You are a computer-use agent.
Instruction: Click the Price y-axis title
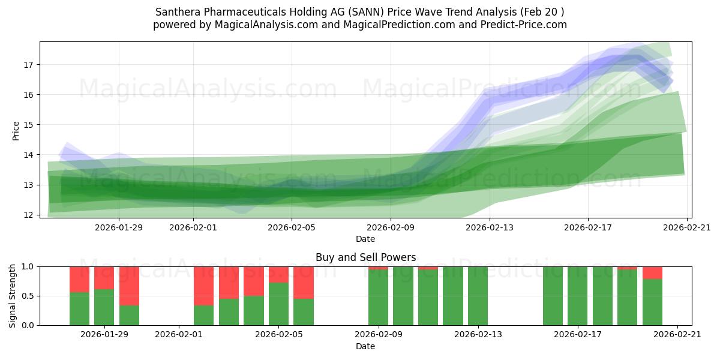tap(16, 130)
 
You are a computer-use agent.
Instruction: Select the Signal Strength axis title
tap(13, 296)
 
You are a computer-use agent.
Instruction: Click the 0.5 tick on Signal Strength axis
tap(28, 296)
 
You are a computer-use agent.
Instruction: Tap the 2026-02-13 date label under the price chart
tap(490, 227)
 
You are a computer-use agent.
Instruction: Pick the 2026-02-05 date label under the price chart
tap(292, 227)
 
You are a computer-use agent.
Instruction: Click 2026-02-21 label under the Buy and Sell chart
tap(677, 335)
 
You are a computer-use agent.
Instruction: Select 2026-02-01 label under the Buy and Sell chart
tap(179, 335)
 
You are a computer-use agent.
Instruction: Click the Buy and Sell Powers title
tap(365, 257)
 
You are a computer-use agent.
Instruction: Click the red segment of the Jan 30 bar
tap(129, 286)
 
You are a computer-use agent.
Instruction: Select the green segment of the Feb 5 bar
tap(278, 304)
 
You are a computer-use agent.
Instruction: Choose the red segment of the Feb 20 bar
tap(652, 273)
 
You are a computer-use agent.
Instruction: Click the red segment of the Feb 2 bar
tap(203, 286)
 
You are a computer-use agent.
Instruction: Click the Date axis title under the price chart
tap(365, 239)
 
